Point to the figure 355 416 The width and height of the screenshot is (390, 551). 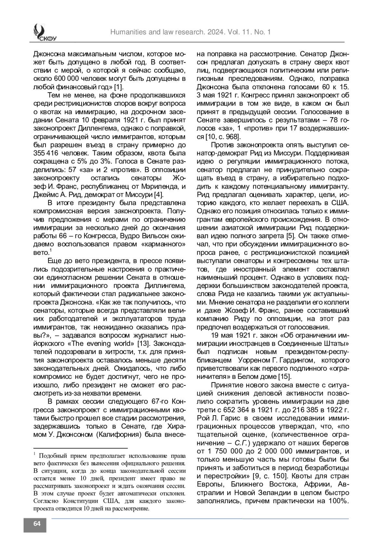pos(47,153)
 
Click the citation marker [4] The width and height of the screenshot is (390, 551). pos(158,195)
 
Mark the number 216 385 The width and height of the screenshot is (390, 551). pos(307,410)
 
